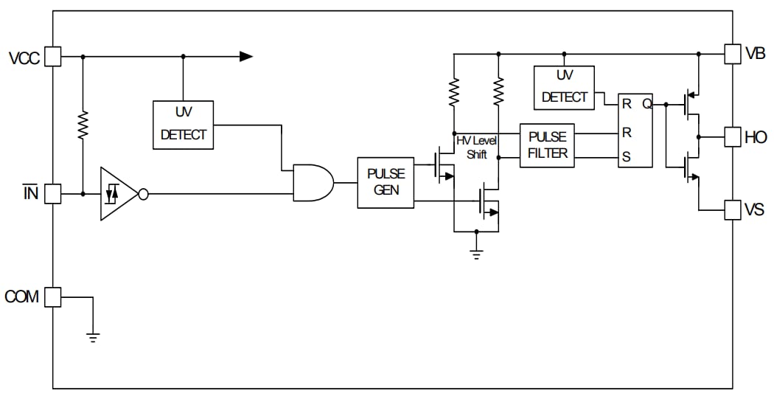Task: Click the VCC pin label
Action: pos(24,58)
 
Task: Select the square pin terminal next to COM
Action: pos(52,296)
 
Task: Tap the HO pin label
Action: pos(756,137)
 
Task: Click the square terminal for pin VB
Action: pos(733,54)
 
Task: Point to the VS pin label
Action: pos(754,210)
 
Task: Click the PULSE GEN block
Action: pos(386,182)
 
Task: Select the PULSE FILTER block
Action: pos(547,145)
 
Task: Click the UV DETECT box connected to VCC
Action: pos(183,125)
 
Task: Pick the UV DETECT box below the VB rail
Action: pos(564,87)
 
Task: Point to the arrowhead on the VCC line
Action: pos(246,56)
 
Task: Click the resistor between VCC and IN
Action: pos(83,125)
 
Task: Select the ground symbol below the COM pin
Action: pos(93,337)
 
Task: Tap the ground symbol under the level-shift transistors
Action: pos(476,254)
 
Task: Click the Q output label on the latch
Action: pos(646,104)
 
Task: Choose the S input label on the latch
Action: pos(627,157)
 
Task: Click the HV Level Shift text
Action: pos(477,147)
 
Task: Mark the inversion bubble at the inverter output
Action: pos(144,194)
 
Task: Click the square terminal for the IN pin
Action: pos(52,194)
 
